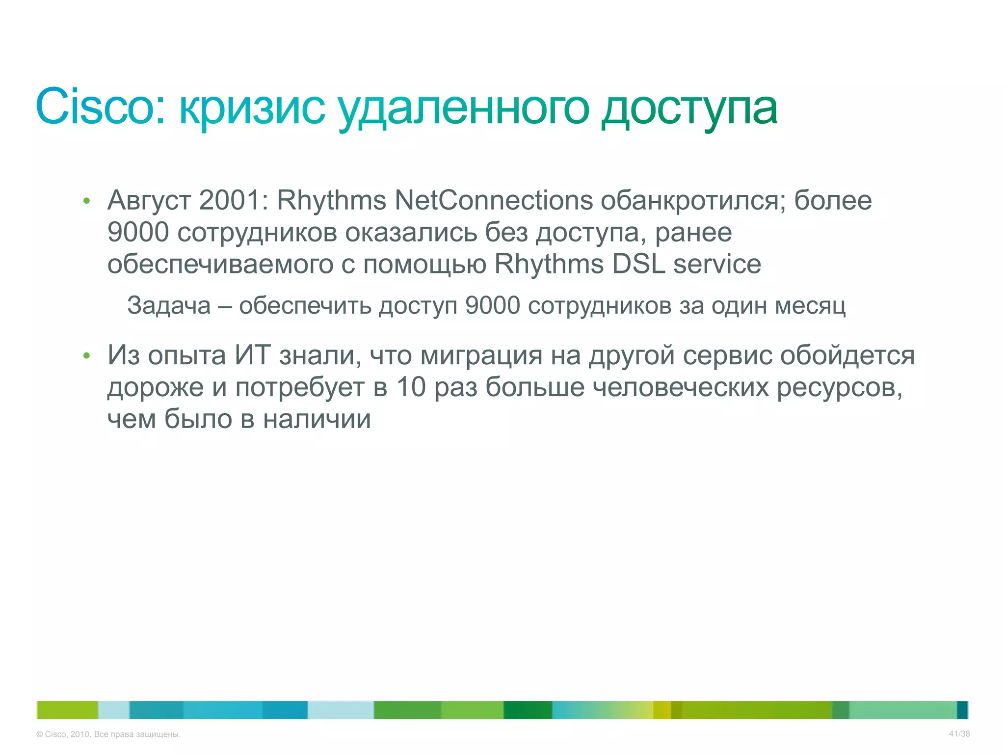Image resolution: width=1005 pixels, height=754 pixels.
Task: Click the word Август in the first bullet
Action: [149, 200]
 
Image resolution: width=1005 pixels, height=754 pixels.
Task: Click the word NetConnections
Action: [494, 200]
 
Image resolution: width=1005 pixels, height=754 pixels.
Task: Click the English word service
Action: [717, 264]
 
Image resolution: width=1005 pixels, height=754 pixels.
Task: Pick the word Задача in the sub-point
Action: [169, 306]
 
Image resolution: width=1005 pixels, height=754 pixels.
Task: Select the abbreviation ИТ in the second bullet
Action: [253, 355]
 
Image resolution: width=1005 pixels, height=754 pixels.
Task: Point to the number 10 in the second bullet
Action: [411, 387]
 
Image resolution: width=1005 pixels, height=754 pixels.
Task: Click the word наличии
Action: [317, 419]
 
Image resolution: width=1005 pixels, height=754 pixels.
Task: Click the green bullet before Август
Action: [87, 201]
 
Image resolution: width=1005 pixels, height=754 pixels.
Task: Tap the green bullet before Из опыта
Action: [87, 355]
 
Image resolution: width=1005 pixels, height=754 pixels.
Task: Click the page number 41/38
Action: [959, 734]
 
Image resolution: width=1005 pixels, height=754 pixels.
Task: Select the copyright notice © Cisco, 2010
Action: [108, 734]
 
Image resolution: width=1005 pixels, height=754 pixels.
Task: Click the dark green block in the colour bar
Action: [528, 710]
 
